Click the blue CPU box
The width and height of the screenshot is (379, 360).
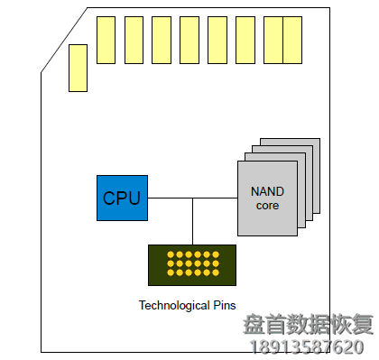(122, 198)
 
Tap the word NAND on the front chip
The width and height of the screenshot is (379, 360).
(267, 192)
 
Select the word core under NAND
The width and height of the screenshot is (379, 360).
(267, 206)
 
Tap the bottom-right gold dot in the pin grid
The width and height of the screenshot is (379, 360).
(215, 273)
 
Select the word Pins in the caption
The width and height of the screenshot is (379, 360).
(224, 305)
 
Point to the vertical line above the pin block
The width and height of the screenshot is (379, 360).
(192, 221)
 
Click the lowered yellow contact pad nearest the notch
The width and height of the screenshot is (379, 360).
(78, 68)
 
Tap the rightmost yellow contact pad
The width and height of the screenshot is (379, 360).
(292, 40)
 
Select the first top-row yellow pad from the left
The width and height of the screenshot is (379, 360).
(106, 40)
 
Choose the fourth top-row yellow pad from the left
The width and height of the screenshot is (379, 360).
(189, 40)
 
